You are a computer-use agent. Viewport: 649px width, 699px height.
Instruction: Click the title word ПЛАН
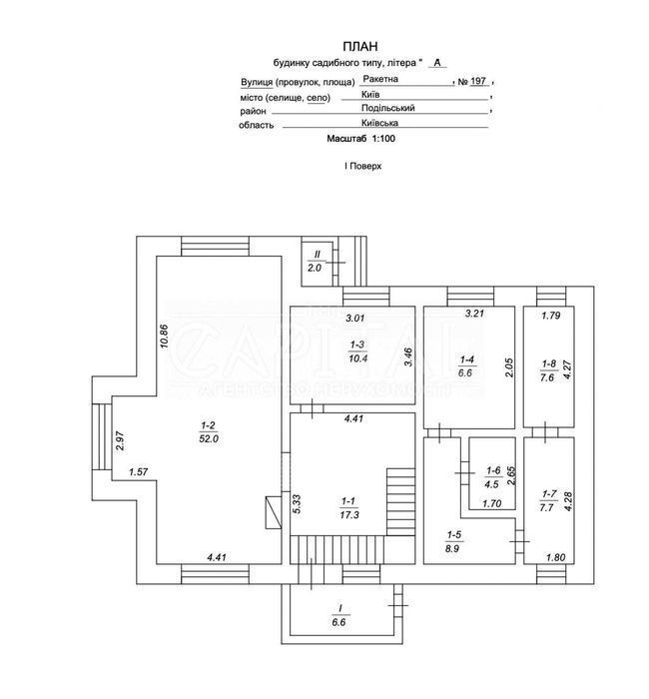coord(360,46)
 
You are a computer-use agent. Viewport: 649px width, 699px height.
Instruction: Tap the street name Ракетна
coord(380,79)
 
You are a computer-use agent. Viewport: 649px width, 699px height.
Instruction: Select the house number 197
coord(478,81)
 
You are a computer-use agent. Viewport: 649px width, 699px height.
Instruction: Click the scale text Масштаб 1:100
coord(361,138)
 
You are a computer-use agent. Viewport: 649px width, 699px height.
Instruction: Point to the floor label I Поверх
coord(362,166)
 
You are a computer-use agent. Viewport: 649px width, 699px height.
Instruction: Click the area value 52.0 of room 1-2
coord(209,438)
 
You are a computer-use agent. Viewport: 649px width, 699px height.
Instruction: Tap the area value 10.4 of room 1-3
coord(357,357)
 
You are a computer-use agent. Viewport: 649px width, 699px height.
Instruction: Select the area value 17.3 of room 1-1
coord(349,515)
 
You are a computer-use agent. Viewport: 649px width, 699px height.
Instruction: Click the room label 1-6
coord(493,470)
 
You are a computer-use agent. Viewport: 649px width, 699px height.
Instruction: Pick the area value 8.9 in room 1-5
coord(452,548)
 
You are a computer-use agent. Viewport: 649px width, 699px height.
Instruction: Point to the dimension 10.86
coord(163,337)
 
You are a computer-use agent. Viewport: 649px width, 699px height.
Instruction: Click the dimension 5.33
coord(298,503)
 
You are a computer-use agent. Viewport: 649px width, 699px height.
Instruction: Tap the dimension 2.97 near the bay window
coord(120,441)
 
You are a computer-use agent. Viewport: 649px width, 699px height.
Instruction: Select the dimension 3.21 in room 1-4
coord(474,314)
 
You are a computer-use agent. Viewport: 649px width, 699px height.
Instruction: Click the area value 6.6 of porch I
coord(338,622)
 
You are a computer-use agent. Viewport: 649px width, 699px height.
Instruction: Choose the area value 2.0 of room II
coord(315,268)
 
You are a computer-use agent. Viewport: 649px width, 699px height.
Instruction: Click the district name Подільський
coord(387,108)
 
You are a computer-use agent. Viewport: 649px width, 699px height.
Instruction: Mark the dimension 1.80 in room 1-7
coord(556,557)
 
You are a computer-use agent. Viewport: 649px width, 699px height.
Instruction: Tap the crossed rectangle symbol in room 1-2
coord(274,512)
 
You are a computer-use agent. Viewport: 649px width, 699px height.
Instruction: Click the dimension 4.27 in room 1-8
coord(567,369)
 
